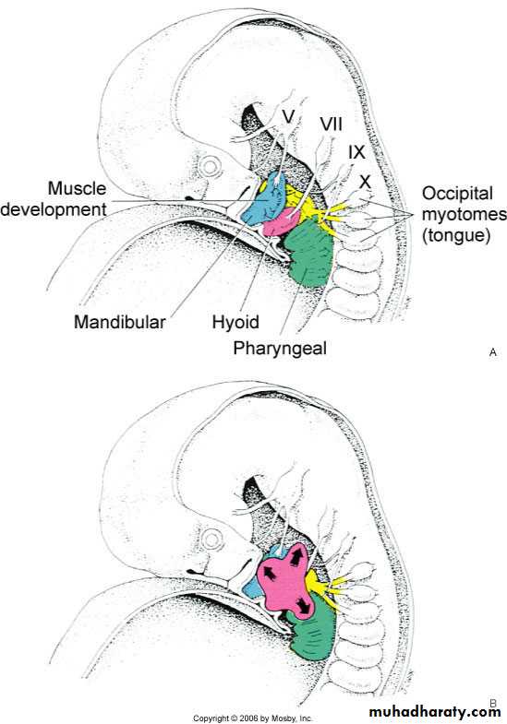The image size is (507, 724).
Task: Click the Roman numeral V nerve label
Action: (288, 116)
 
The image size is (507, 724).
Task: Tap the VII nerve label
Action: (331, 125)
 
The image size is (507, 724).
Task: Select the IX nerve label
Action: (356, 152)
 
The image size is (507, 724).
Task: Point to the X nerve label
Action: (365, 182)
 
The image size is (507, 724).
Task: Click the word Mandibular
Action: (120, 322)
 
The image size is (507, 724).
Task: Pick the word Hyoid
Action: (235, 322)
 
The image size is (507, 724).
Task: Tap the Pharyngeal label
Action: (280, 348)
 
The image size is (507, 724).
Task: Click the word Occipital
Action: (457, 194)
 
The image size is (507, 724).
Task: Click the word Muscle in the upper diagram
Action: (78, 188)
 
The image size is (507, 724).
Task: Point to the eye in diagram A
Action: (210, 165)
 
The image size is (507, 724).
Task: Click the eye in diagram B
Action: (212, 539)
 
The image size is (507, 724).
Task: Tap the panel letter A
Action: (492, 352)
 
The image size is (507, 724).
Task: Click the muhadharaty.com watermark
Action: (434, 711)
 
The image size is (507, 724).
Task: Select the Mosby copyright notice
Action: (253, 718)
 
